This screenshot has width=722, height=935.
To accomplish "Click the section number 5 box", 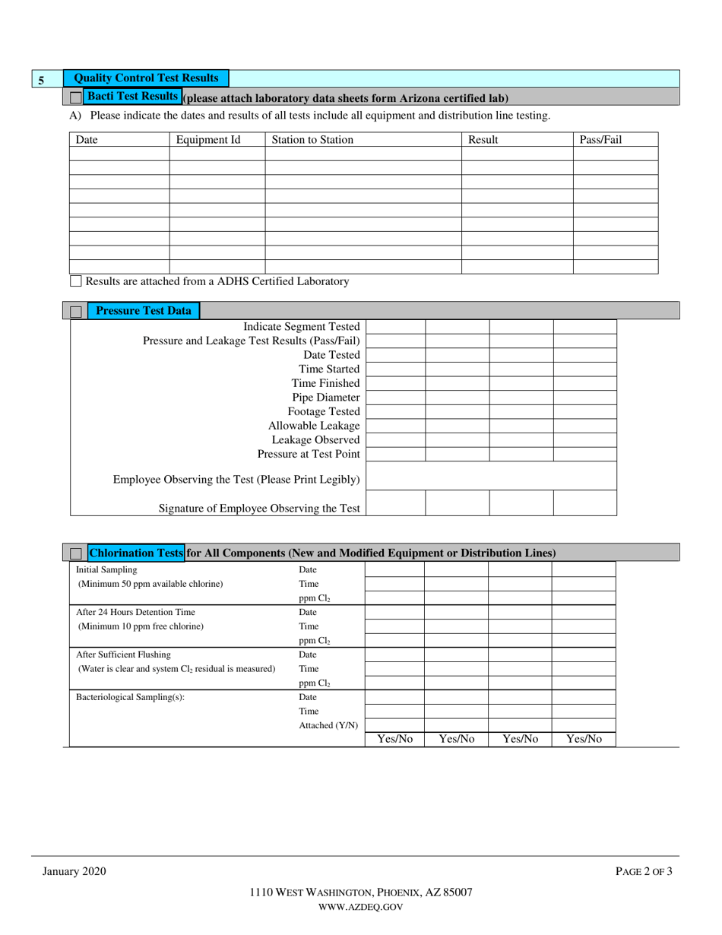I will point(42,79).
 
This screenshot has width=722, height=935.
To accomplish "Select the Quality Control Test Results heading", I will point(146,78).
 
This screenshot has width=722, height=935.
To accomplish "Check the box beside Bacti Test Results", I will point(75,97).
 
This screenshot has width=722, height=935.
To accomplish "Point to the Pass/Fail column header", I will point(600,140).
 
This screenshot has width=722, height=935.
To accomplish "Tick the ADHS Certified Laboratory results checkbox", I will point(75,281).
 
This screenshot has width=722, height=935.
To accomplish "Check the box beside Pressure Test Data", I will point(75,311).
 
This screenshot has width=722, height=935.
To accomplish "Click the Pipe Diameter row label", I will point(325,398).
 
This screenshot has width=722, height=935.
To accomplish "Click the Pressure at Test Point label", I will point(308,454).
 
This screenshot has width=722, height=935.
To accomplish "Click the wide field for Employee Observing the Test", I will point(491,476).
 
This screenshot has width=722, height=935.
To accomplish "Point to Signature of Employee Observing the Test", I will point(258,509).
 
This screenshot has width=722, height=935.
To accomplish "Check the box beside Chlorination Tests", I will point(75,553).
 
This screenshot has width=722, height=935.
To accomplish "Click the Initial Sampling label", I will point(107,569).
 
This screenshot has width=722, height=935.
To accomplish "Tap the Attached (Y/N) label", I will point(328,725).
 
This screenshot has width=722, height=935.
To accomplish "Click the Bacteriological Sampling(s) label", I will point(130,697).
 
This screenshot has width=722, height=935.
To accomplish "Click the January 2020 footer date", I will point(74,872).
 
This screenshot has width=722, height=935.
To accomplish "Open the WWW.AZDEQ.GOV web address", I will point(361,907).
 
